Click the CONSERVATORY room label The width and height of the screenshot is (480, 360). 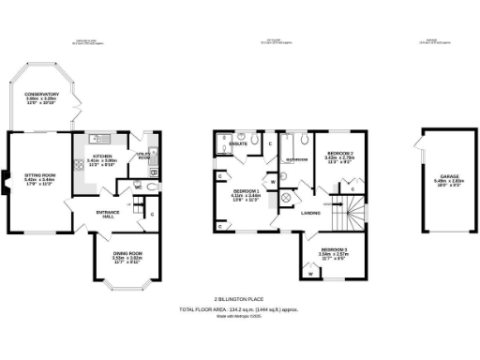tap(41, 95)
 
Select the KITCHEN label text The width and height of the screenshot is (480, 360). tap(101, 156)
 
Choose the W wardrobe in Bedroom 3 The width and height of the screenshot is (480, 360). tap(309, 275)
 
